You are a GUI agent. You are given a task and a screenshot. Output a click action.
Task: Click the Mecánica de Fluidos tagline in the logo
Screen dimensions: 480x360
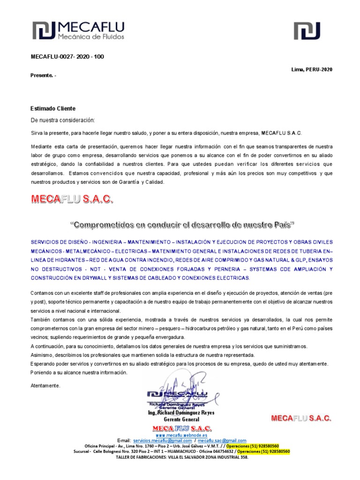click(90, 36)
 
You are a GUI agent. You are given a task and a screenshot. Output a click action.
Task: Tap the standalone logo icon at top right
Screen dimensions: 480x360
click(307, 30)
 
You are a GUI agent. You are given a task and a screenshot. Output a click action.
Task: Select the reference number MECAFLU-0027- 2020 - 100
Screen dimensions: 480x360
click(67, 57)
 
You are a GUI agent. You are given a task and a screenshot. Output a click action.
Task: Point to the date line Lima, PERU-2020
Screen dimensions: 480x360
click(312, 69)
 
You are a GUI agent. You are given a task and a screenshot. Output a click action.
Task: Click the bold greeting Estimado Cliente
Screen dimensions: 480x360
click(53, 108)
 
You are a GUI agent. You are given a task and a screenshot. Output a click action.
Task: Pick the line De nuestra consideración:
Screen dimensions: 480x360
click(62, 120)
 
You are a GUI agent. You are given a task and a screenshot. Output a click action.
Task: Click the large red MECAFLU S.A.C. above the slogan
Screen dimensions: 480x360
click(72, 199)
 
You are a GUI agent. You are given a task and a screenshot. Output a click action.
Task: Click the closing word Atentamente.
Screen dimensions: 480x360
click(45, 385)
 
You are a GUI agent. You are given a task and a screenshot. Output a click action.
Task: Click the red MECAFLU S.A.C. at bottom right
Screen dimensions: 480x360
click(301, 418)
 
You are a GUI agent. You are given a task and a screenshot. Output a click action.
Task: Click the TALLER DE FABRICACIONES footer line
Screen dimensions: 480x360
click(182, 457)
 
